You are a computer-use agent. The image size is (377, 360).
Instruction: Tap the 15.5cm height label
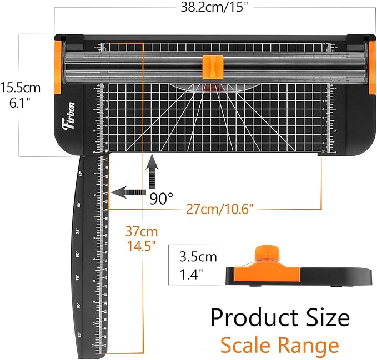21,87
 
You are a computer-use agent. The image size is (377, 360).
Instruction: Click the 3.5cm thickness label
198,257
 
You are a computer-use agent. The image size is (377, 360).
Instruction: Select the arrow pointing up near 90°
152,169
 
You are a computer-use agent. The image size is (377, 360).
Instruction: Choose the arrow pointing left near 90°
127,192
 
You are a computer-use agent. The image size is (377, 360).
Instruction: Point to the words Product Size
279,318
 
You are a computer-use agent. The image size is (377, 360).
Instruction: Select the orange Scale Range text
279,345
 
